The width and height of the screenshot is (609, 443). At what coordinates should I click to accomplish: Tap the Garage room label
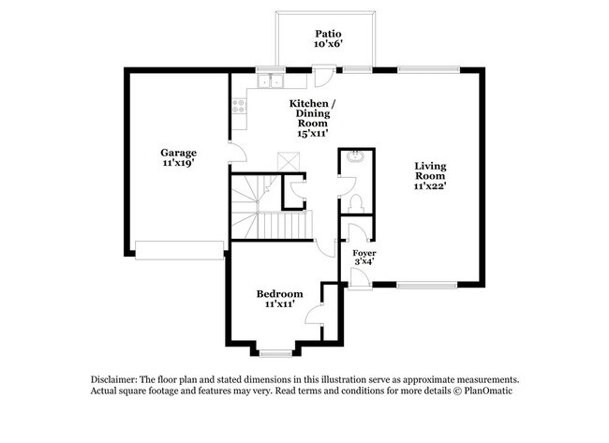178,152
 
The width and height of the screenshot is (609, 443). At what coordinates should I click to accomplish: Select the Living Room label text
431,170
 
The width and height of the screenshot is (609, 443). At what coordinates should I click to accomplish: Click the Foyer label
364,253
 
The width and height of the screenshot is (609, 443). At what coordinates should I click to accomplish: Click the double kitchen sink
269,81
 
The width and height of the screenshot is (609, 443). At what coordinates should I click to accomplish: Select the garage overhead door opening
180,249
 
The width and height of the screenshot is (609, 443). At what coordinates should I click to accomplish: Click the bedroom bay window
275,353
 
